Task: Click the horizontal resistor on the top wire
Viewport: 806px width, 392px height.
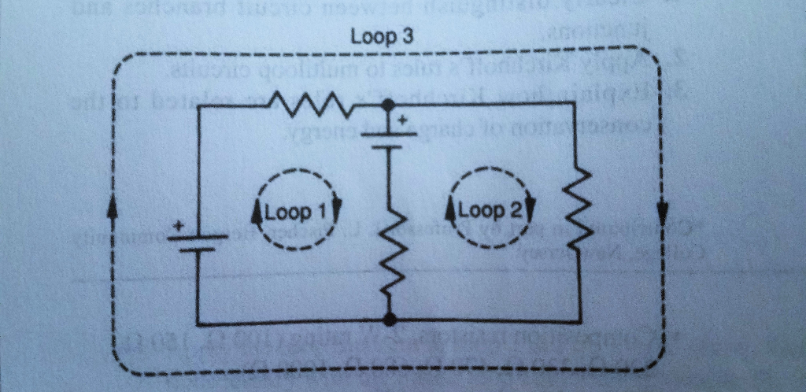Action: [x=303, y=102]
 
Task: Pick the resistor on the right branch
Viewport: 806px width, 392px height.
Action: [x=580, y=205]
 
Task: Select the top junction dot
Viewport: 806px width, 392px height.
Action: [x=387, y=103]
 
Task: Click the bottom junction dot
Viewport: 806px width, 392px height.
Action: [x=389, y=318]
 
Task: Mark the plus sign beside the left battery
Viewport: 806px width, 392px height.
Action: [x=178, y=226]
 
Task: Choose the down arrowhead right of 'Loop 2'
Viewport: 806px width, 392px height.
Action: [x=530, y=209]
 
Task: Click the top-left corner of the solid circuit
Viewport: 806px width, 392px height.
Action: [x=197, y=106]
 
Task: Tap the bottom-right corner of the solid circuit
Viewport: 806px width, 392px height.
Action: [x=581, y=321]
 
